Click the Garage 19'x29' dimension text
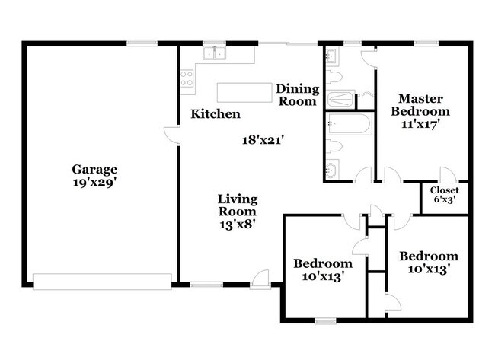point(95,183)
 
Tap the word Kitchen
point(216,114)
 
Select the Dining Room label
point(298,95)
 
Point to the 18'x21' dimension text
point(261,140)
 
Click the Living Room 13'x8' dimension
point(238,225)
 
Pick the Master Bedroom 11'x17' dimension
point(420,124)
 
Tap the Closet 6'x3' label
point(445,195)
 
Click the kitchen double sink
point(214,53)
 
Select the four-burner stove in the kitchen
point(187,78)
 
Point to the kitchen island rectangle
point(244,92)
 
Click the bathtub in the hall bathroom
point(349,123)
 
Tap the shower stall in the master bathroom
point(340,100)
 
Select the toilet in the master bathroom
point(334,77)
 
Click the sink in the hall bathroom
point(332,170)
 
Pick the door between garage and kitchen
point(172,135)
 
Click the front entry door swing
point(260,279)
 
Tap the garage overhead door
point(102,282)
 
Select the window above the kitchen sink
point(214,43)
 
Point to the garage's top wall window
point(142,43)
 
